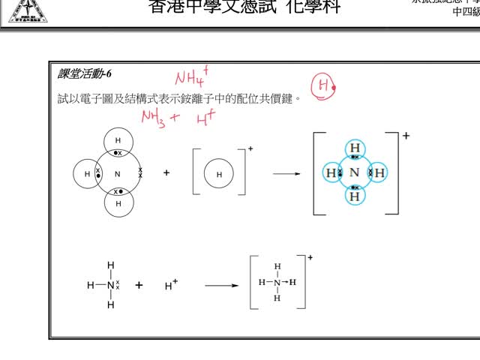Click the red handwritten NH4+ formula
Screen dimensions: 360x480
click(191, 75)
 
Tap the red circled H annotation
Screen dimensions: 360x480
click(322, 87)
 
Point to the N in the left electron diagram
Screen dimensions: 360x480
click(118, 174)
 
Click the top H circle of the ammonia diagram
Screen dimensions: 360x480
click(118, 141)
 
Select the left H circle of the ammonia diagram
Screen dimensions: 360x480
click(87, 174)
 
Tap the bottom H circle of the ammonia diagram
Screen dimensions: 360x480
click(118, 203)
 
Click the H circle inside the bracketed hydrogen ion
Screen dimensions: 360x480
click(219, 174)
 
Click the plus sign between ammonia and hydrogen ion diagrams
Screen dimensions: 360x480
click(166, 172)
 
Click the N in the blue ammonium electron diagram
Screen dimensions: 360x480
click(355, 173)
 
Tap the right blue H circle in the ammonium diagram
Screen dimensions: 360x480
click(379, 173)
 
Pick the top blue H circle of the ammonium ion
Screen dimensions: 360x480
click(355, 148)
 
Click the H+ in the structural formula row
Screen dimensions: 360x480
click(171, 285)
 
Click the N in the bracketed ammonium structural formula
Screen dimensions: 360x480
click(277, 283)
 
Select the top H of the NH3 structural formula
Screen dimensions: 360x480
click(111, 265)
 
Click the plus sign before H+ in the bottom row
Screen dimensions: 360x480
click(139, 285)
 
